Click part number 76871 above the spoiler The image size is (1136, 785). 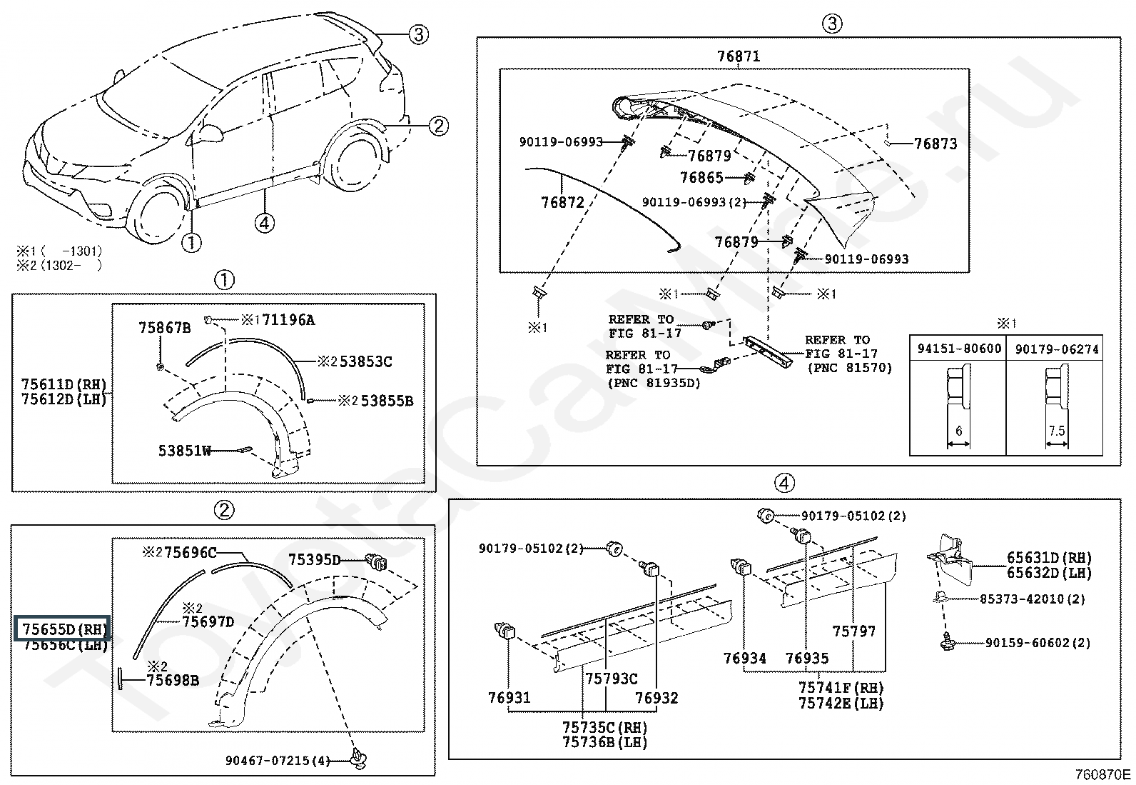738,56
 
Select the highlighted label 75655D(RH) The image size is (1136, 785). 64,629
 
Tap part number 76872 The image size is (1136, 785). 562,202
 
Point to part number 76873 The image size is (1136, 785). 935,144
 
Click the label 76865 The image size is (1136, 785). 701,178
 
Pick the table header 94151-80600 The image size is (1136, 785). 958,349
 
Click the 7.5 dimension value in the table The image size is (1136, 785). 1056,431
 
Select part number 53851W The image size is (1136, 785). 185,451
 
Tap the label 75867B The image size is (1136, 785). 164,328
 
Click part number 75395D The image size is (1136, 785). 315,559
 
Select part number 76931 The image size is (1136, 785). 509,697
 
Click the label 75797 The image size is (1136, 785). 853,631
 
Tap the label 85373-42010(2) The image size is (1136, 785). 1031,599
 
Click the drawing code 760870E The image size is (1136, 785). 1104,774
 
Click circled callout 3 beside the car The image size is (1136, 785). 418,34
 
